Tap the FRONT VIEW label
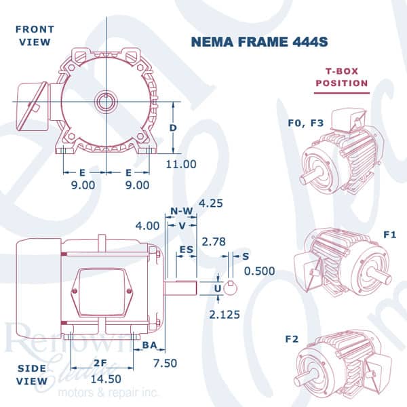34,35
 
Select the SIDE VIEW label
32,374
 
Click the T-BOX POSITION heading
343,78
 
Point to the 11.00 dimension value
181,164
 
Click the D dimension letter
174,128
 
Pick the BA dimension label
151,345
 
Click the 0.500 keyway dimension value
259,271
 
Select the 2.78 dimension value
215,241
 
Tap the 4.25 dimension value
212,203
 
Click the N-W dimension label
182,211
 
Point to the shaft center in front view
106,102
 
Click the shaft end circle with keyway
231,288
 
